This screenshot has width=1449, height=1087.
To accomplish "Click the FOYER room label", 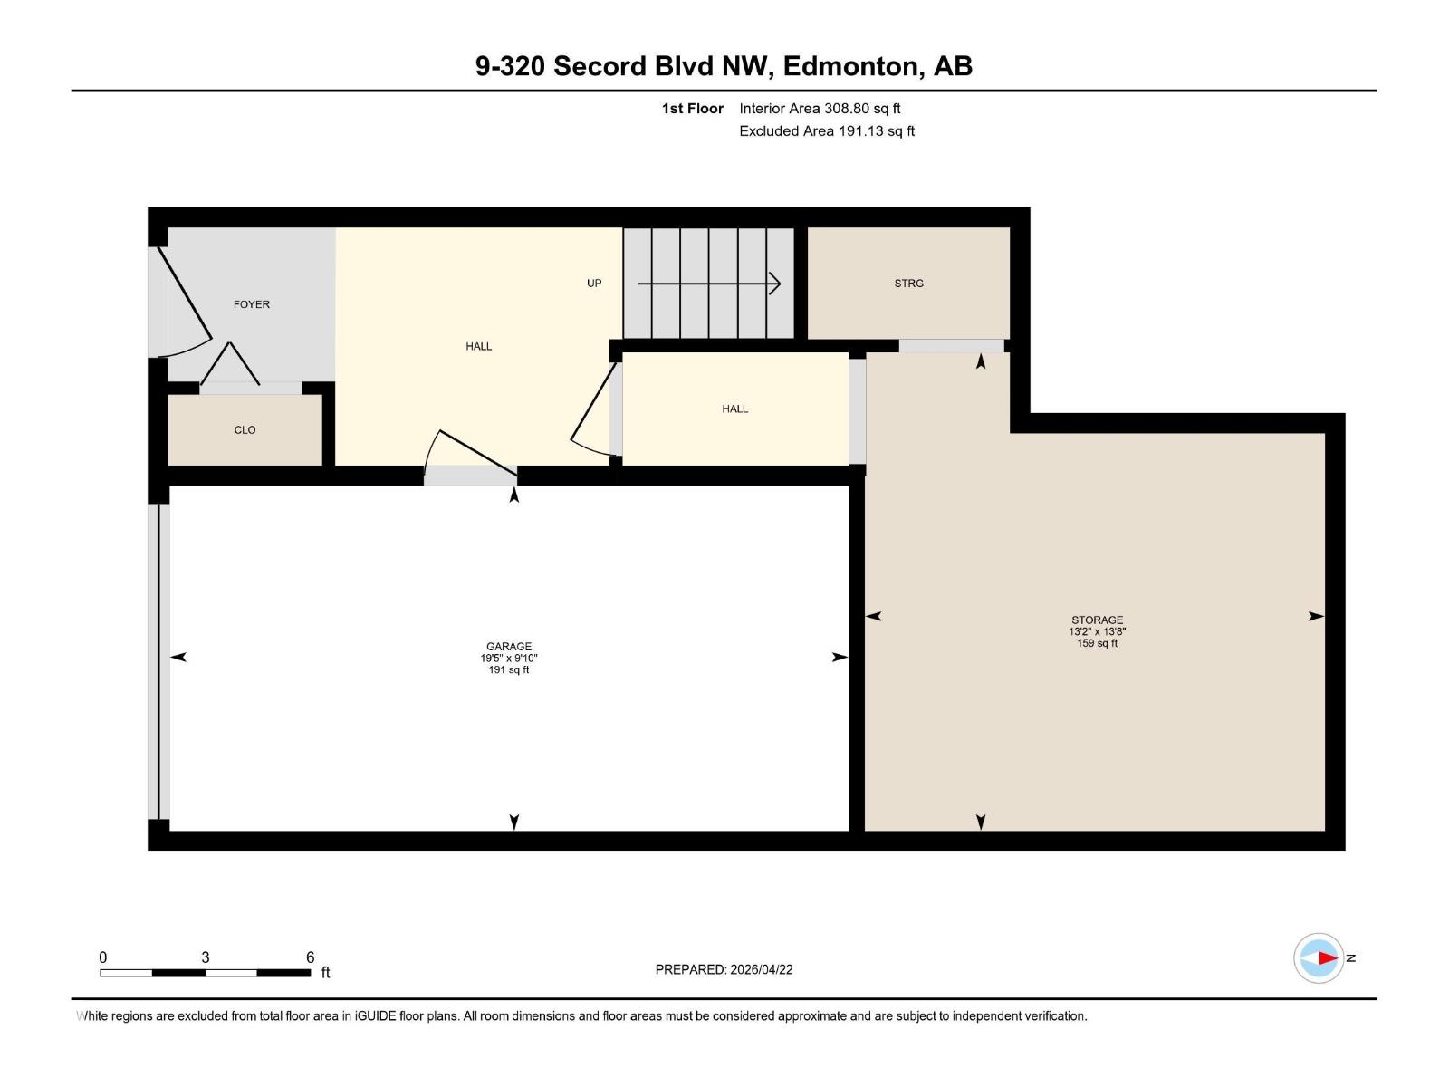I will point(252,304).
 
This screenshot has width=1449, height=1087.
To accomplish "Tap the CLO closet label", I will point(245,430).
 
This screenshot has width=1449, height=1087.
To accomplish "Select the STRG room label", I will point(908,284).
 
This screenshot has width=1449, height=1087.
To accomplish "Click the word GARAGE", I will point(509,647).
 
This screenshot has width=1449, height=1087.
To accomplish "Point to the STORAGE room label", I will point(1097,620).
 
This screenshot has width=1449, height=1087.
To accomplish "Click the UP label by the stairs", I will point(594,284).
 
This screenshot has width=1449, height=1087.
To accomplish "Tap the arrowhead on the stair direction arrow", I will point(775,284).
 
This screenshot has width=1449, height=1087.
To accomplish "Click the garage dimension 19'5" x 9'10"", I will point(509,659).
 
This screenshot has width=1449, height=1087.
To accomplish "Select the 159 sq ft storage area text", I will point(1097,643).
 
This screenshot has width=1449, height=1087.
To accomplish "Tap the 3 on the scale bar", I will point(206,957).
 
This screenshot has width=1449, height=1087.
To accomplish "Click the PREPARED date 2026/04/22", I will point(761,969).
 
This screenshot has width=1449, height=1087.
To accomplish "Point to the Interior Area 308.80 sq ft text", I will point(820,109).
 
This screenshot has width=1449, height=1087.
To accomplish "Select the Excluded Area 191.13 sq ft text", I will point(827,131).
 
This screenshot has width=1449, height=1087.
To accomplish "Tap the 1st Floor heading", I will point(693,109).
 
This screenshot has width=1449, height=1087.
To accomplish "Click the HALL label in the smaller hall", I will point(734,409).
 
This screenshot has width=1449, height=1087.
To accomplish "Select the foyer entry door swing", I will point(186,303).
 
